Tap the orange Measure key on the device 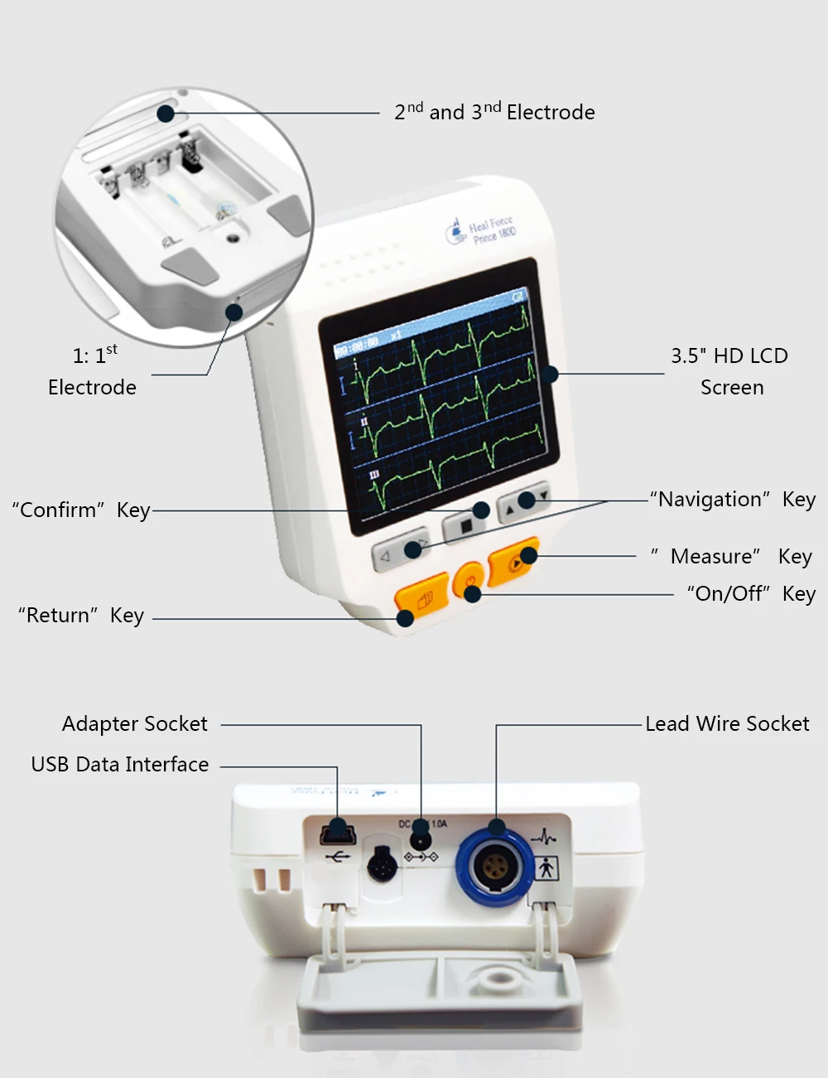click(513, 563)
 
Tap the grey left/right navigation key click(401, 549)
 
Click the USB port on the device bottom click(336, 832)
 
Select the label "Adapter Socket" click(135, 724)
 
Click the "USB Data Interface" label click(120, 765)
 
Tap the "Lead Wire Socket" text click(727, 724)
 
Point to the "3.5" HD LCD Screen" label click(729, 371)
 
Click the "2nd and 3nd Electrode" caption click(494, 112)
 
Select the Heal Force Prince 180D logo click(481, 230)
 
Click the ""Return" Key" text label click(81, 616)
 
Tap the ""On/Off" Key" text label click(751, 594)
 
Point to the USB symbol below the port click(337, 857)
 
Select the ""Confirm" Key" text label click(81, 510)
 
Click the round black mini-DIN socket click(382, 865)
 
